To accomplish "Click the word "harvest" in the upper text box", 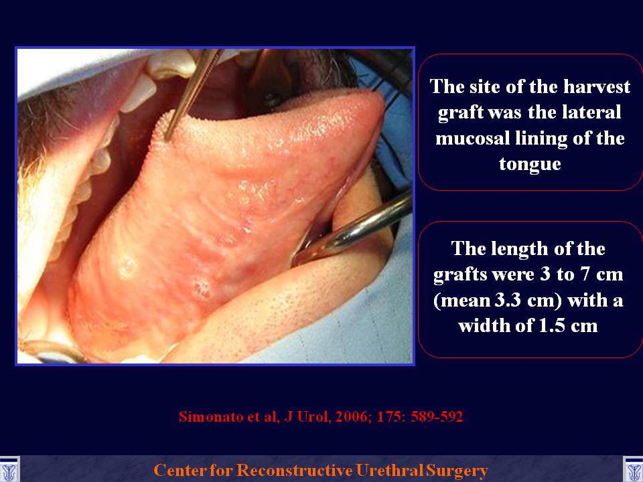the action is point(596,86).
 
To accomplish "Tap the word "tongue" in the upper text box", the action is point(530,163).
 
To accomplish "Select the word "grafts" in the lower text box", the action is point(461,274).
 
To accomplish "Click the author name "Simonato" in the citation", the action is point(212,416).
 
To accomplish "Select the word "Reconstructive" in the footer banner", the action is point(295,470).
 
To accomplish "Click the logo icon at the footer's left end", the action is point(9,470).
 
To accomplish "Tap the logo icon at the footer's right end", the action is point(634,470).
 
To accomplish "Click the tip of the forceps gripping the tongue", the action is point(167,139).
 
